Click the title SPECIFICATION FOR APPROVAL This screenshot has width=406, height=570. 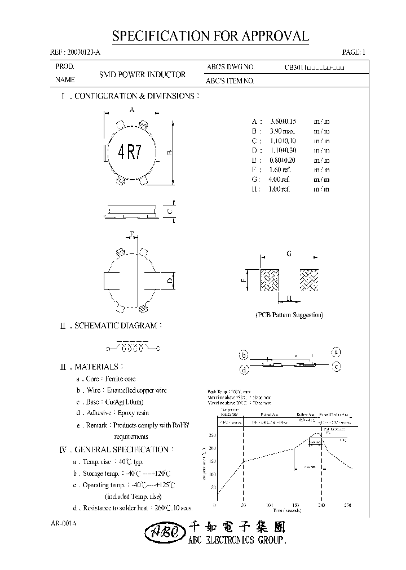click(210, 37)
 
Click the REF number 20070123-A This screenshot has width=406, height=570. click(76, 52)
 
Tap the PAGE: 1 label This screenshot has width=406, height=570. click(354, 52)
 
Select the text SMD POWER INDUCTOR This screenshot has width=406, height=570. click(142, 74)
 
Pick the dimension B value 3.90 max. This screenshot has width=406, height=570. click(284, 131)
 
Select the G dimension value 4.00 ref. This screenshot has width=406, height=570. click(280, 179)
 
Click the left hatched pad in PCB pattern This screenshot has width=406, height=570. click(270, 279)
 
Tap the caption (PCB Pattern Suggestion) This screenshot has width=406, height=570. click(289, 315)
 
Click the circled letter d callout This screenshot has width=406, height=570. click(244, 369)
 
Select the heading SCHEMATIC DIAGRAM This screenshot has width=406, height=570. click(118, 326)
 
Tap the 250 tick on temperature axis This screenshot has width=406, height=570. click(212, 435)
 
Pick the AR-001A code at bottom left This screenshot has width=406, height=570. click(63, 523)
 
